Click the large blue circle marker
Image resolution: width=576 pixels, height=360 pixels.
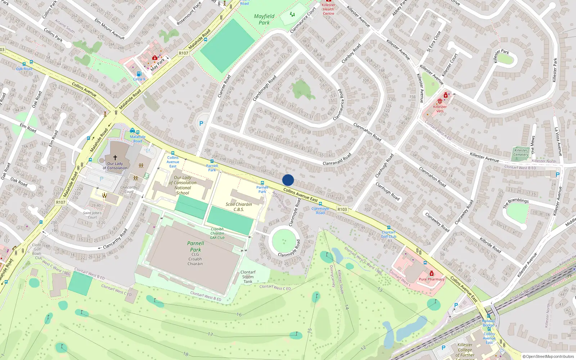point(288,180)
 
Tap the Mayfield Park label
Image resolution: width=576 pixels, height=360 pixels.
point(264,19)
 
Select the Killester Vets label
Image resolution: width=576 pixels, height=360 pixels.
point(440,109)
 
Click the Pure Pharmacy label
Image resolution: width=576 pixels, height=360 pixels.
point(431,279)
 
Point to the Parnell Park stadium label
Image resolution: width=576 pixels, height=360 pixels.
point(195,247)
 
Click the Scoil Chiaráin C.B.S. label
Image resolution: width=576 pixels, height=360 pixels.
point(239,207)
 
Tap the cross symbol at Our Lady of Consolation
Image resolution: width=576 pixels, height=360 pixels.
point(115,158)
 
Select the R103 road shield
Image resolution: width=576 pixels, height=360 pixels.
point(342,209)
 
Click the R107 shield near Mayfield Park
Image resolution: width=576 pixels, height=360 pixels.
point(183,53)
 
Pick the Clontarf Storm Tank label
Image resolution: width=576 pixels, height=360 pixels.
point(248,277)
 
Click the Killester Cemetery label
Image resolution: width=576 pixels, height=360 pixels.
point(521,153)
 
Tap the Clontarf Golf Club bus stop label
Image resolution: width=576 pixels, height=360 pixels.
point(388,234)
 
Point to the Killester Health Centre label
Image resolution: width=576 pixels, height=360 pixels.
point(328,9)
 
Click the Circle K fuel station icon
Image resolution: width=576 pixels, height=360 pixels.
point(139,74)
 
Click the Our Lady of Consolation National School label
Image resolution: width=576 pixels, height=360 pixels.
point(183,185)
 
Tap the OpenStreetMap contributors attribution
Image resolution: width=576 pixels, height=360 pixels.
point(548,357)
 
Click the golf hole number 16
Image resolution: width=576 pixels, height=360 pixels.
point(239,315)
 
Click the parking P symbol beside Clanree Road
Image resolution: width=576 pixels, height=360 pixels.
point(201,123)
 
